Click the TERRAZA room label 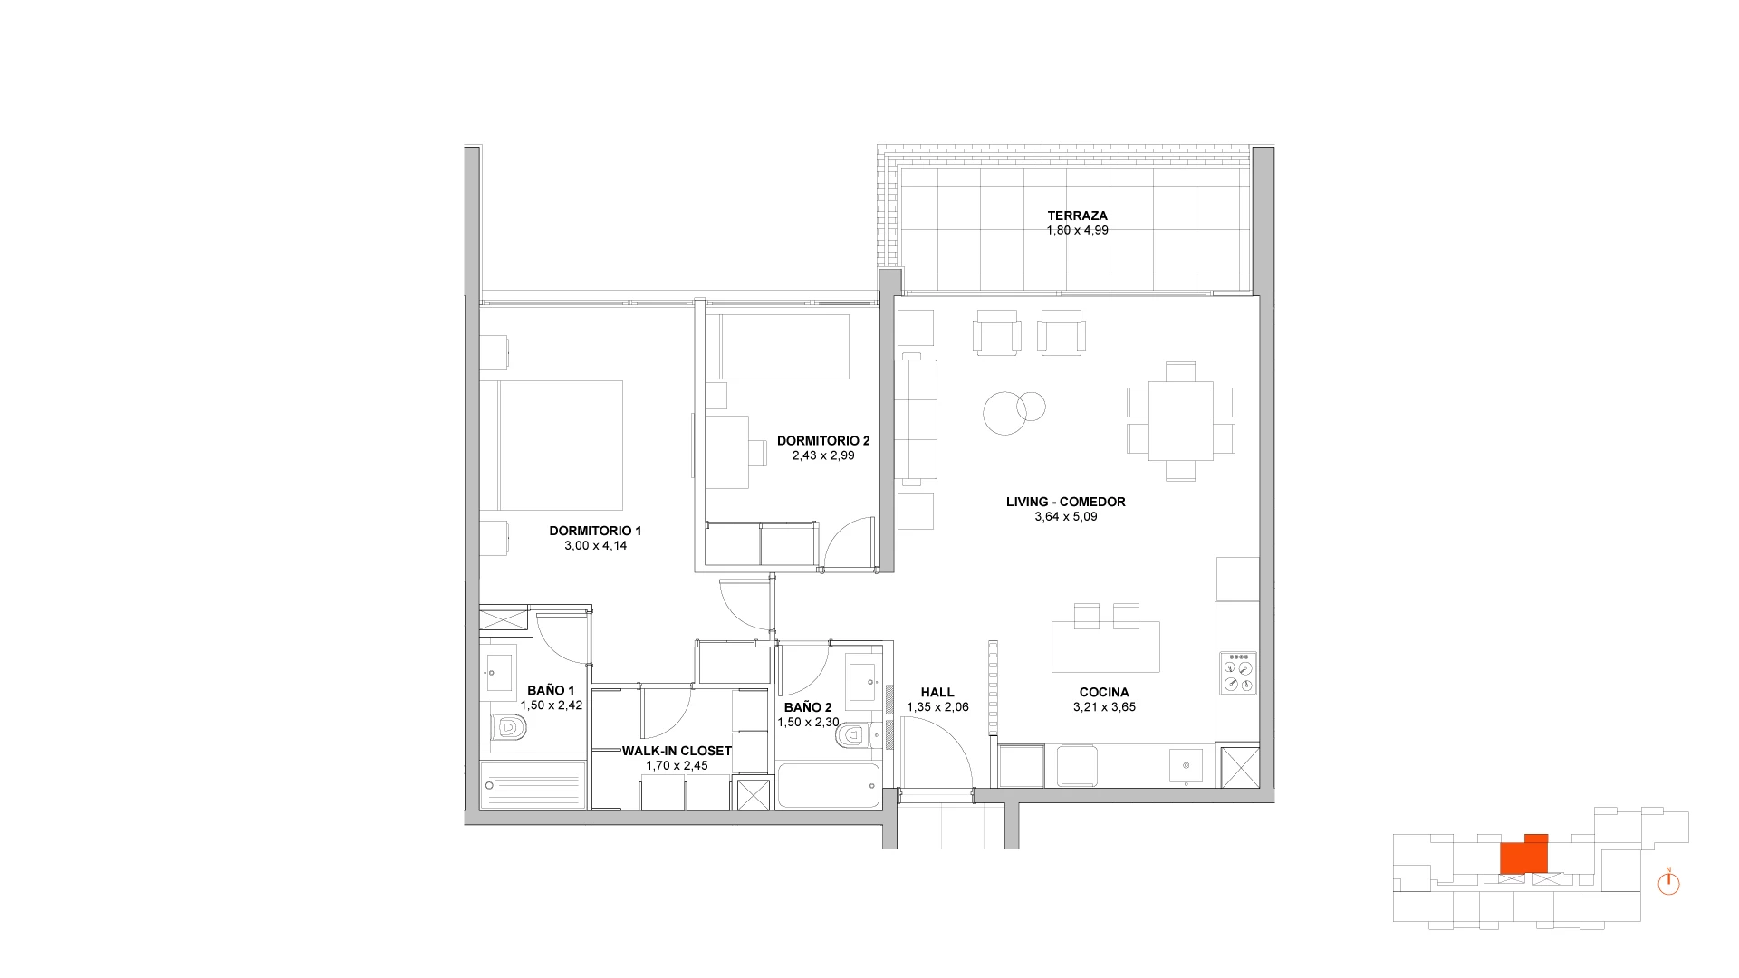[1077, 216]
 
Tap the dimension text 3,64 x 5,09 [1066, 517]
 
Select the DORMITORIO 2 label [823, 441]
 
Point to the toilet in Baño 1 [507, 726]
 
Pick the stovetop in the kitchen [1238, 674]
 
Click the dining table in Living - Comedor [1181, 421]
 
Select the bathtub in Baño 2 [828, 786]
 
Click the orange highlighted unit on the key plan [1523, 854]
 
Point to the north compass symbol [1668, 882]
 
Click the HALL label [937, 693]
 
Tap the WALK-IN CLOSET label [677, 751]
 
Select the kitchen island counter [1105, 647]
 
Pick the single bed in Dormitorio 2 [783, 346]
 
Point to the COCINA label [1104, 693]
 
